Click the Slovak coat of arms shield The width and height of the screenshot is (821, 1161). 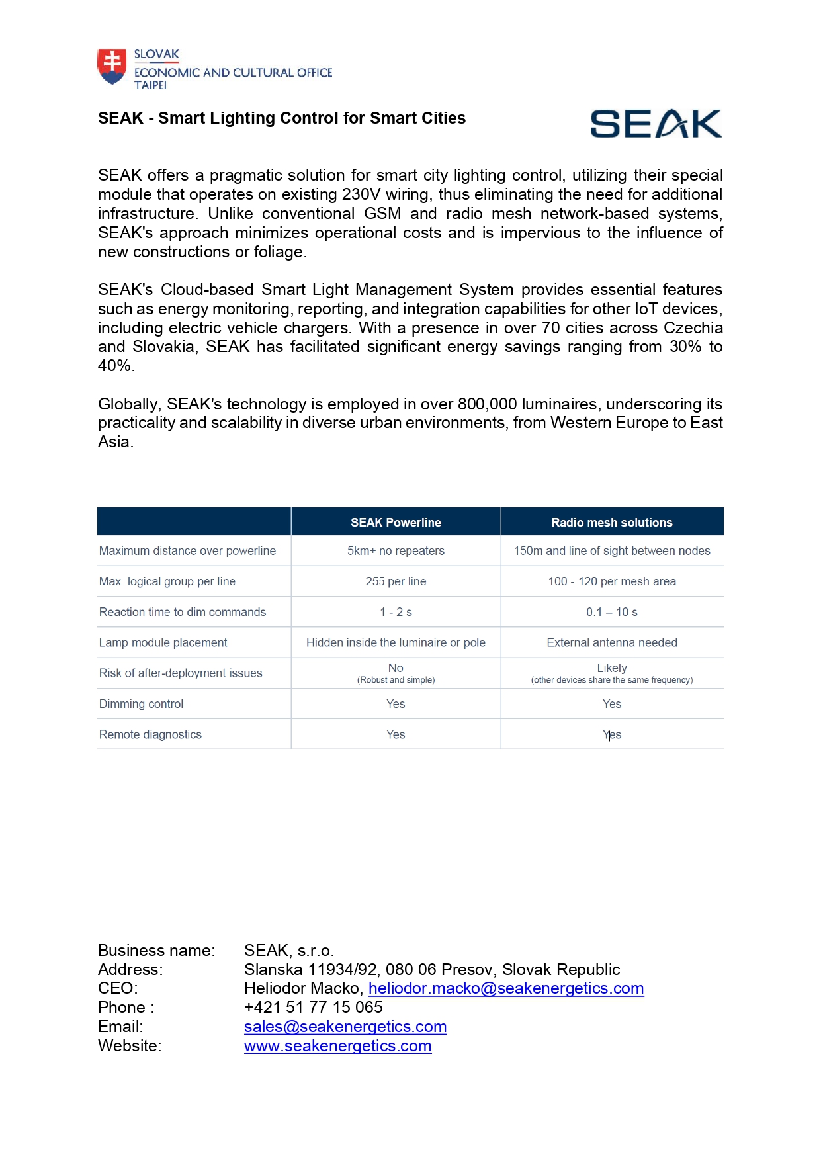pyautogui.click(x=112, y=66)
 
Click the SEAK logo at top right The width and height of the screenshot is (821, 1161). pyautogui.click(x=656, y=124)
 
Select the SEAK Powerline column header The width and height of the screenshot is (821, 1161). pyautogui.click(x=396, y=523)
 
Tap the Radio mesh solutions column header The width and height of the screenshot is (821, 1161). pyautogui.click(x=612, y=523)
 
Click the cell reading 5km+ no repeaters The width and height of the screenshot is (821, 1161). pyautogui.click(x=396, y=551)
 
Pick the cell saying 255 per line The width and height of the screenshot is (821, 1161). pyautogui.click(x=396, y=581)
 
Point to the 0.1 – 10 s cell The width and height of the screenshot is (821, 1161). pyautogui.click(x=612, y=612)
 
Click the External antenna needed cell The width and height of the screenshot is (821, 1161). pyautogui.click(x=612, y=642)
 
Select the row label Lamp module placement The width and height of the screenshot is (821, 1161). pyautogui.click(x=163, y=642)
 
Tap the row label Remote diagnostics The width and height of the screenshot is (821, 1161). pyautogui.click(x=151, y=734)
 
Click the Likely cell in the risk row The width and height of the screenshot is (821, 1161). pyautogui.click(x=612, y=668)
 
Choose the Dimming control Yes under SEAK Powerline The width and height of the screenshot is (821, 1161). pyautogui.click(x=396, y=704)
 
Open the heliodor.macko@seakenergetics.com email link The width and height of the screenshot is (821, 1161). pyautogui.click(x=506, y=988)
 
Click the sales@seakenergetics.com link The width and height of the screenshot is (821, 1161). pyautogui.click(x=345, y=1027)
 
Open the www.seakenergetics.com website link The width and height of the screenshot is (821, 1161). pyautogui.click(x=338, y=1046)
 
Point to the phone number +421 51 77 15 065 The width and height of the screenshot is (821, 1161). pyautogui.click(x=314, y=1008)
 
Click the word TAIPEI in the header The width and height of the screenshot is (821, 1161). pyautogui.click(x=151, y=85)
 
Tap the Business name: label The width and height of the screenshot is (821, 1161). pyautogui.click(x=157, y=951)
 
